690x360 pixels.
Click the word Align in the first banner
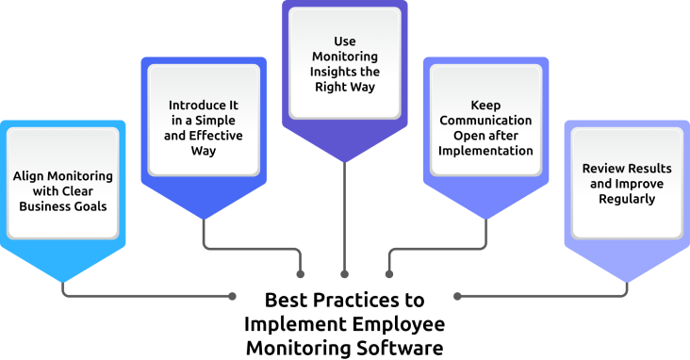click(28, 176)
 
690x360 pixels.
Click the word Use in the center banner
click(345, 41)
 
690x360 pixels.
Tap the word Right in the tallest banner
click(345, 87)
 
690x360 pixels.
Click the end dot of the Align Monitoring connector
click(232, 296)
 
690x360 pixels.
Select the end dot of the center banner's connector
click(345, 274)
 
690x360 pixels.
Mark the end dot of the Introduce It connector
click(301, 274)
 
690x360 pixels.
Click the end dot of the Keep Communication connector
click(388, 274)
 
